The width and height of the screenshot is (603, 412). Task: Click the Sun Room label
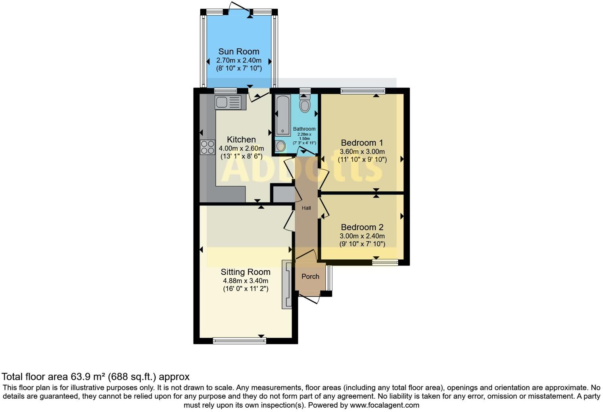238,51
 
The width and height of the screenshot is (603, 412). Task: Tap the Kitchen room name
241,139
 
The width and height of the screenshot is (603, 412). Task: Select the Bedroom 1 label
362,143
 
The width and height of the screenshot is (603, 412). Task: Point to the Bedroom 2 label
362,227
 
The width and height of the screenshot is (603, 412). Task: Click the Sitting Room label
246,272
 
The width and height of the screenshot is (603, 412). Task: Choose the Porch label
310,277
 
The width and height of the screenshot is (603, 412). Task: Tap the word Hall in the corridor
306,208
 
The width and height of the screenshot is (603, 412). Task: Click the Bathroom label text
304,129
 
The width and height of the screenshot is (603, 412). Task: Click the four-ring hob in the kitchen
207,147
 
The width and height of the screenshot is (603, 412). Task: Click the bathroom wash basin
280,146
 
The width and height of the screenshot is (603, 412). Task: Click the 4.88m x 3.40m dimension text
246,281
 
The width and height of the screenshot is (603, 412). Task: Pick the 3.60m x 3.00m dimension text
362,151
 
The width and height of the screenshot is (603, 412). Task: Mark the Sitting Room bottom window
239,340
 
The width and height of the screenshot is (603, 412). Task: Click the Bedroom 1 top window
363,91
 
